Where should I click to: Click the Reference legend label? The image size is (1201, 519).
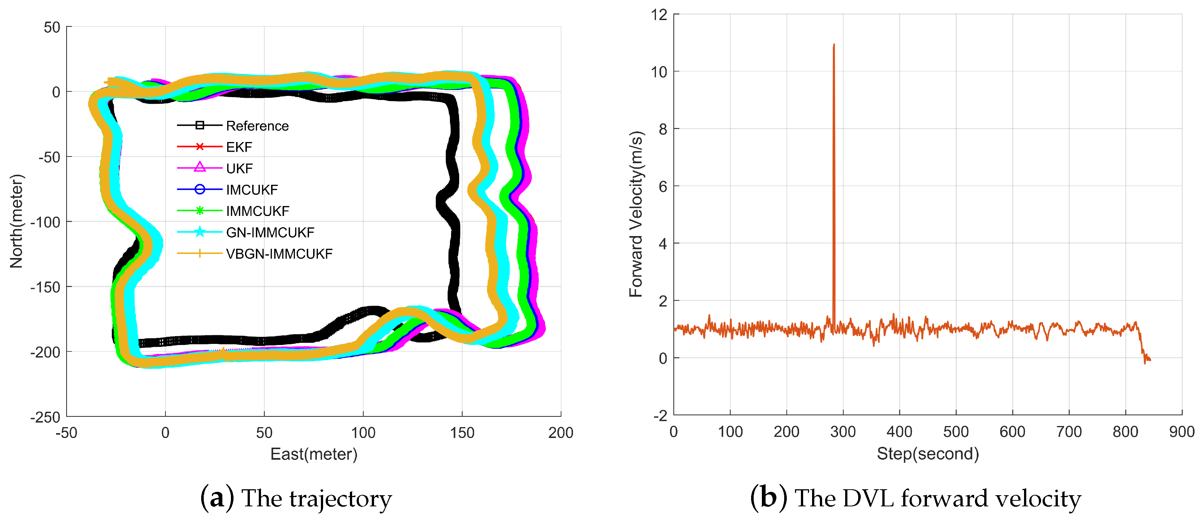coord(257,126)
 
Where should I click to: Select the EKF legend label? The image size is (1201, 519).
coord(239,147)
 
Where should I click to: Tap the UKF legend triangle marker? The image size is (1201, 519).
coord(200,167)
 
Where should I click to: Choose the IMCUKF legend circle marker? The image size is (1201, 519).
coord(200,189)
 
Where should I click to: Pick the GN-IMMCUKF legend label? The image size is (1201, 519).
coord(270,232)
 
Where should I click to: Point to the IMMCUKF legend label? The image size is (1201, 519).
coord(257,211)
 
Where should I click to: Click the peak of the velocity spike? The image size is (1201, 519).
coord(834,45)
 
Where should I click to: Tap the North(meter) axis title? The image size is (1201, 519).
coord(16,221)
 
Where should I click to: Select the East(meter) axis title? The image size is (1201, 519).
coord(314,454)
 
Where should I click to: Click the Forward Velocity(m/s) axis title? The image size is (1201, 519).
coord(636,214)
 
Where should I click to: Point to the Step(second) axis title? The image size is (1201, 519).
coord(928,453)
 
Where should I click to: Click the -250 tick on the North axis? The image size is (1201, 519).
coord(45,417)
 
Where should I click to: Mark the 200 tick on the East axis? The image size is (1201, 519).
coord(560,433)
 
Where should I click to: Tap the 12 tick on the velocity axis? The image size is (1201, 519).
coord(659,15)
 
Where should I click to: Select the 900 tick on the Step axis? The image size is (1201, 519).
coord(1181,432)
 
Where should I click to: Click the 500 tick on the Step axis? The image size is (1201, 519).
coord(956,432)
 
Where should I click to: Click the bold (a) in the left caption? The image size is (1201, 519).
coord(217,498)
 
